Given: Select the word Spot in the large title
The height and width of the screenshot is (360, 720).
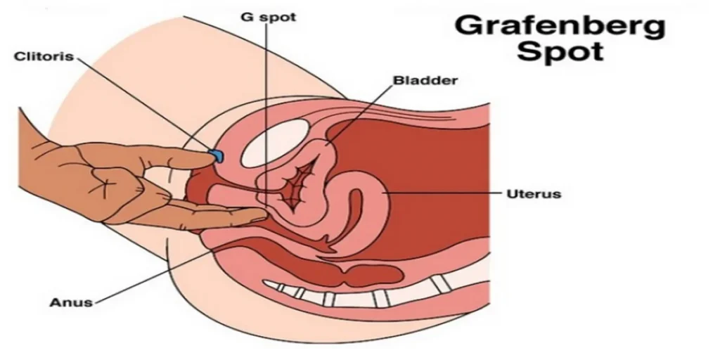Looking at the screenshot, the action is (x=560, y=51).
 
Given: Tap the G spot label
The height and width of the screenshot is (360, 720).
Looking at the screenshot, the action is (x=269, y=18).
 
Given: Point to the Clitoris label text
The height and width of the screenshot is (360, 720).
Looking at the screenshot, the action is (x=44, y=56).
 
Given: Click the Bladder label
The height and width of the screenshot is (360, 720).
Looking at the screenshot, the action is (x=425, y=80).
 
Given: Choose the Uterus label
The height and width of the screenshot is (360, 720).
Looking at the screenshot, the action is (x=534, y=194).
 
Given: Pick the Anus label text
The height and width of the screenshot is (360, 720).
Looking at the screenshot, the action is (x=71, y=302).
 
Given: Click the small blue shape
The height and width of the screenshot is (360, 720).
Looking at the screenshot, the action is (x=217, y=156).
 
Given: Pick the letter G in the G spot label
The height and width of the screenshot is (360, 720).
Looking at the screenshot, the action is (x=247, y=17).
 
